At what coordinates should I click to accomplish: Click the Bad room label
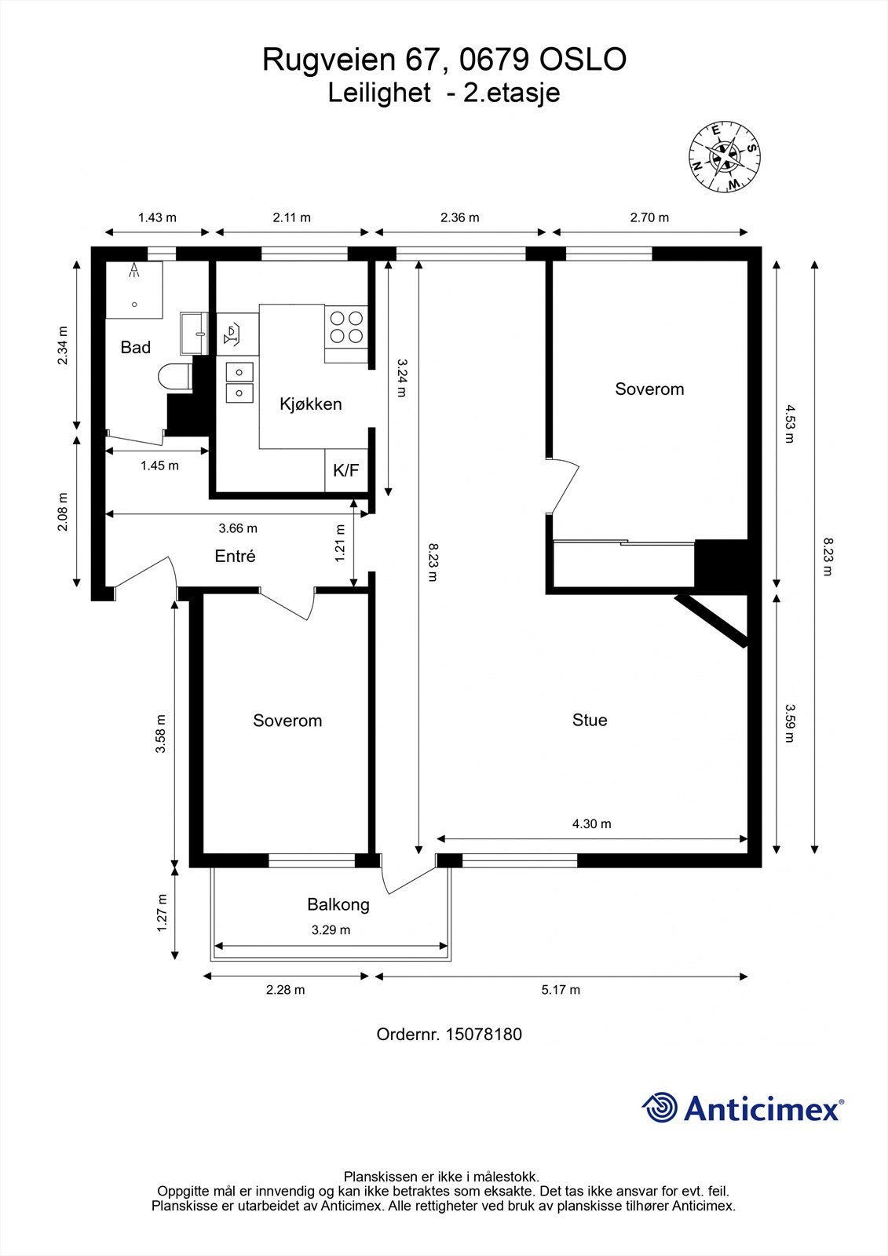pyautogui.click(x=135, y=347)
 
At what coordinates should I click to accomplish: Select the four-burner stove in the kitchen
pyautogui.click(x=346, y=327)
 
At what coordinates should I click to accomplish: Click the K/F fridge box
pyautogui.click(x=345, y=470)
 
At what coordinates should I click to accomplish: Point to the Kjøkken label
pyautogui.click(x=311, y=404)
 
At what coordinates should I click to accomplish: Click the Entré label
pyautogui.click(x=235, y=556)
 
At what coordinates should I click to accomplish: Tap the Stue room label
pyautogui.click(x=589, y=720)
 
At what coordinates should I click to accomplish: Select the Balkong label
pyautogui.click(x=338, y=904)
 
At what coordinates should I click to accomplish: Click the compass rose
pyautogui.click(x=724, y=157)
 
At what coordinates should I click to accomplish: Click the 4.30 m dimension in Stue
pyautogui.click(x=591, y=823)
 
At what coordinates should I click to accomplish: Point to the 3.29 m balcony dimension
pyautogui.click(x=331, y=930)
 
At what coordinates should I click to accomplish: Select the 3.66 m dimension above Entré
pyautogui.click(x=238, y=528)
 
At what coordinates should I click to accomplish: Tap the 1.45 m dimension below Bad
pyautogui.click(x=159, y=466)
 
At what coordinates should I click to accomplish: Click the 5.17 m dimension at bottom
pyautogui.click(x=561, y=989)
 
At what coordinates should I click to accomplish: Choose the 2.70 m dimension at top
pyautogui.click(x=649, y=217)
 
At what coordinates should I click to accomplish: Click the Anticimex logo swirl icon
pyautogui.click(x=660, y=1108)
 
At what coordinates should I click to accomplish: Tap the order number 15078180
pyautogui.click(x=483, y=1034)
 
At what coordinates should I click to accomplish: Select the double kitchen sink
pyautogui.click(x=239, y=382)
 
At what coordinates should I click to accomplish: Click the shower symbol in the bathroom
pyautogui.click(x=134, y=272)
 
